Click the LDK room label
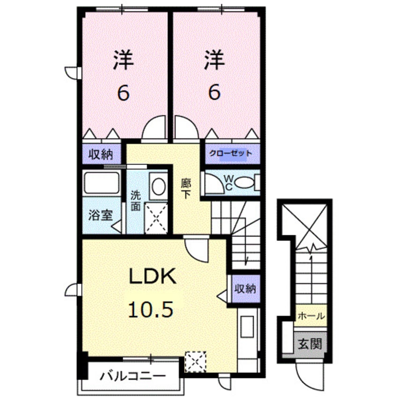(152, 277)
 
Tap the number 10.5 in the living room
(152, 308)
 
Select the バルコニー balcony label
(133, 376)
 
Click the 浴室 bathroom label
(101, 216)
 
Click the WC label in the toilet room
(228, 181)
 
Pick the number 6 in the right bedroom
(214, 93)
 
